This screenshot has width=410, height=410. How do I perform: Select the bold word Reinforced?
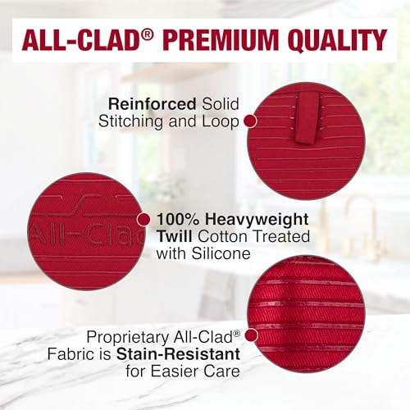tap(143, 103)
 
